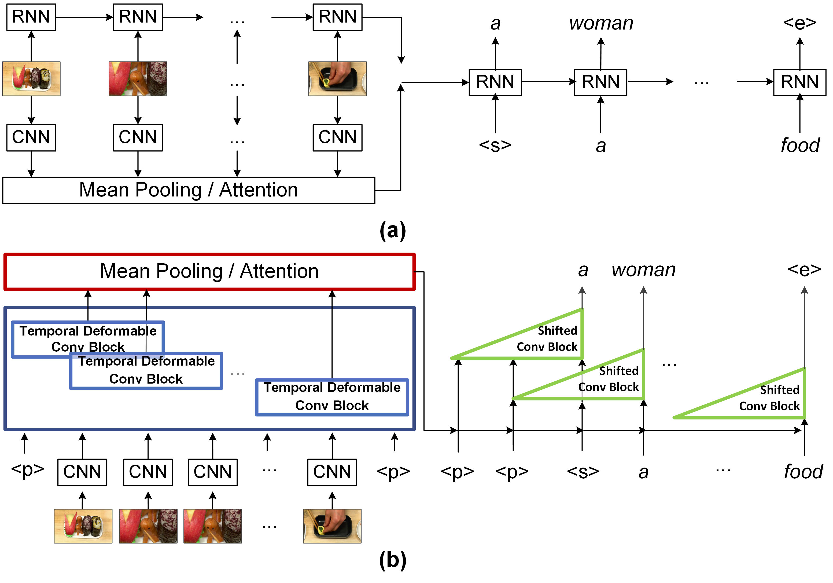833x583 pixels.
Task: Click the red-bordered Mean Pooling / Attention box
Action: point(209,272)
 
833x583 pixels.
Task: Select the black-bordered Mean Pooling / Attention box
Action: point(188,190)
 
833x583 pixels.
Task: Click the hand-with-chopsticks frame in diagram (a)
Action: point(337,79)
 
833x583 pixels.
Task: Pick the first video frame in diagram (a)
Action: point(31,79)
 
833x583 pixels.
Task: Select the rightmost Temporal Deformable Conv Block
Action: point(332,397)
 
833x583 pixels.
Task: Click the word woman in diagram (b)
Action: point(643,270)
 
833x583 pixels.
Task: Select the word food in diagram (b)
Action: point(803,472)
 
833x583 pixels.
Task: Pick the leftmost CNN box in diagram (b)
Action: point(82,472)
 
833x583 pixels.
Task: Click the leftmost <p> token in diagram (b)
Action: point(28,469)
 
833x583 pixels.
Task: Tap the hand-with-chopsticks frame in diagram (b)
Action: point(332,526)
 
